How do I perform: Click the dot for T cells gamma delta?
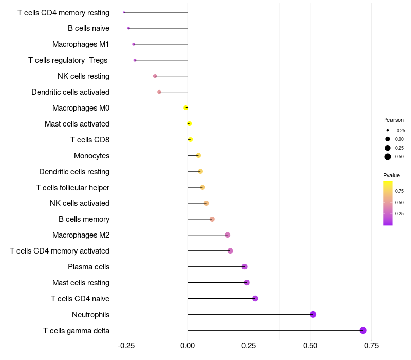pyautogui.click(x=363, y=330)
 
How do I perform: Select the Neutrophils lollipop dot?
pyautogui.click(x=313, y=314)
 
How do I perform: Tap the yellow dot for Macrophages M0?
pyautogui.click(x=186, y=107)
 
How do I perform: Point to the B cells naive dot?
pyautogui.click(x=128, y=28)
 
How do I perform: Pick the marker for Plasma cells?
pyautogui.click(x=245, y=266)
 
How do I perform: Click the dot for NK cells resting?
pyautogui.click(x=155, y=76)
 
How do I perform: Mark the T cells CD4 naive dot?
pyautogui.click(x=255, y=298)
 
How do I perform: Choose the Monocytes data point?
pyautogui.click(x=198, y=155)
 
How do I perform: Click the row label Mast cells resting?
pyautogui.click(x=81, y=283)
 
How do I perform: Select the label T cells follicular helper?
pyautogui.click(x=72, y=187)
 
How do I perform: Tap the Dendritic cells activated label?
pyautogui.click(x=70, y=92)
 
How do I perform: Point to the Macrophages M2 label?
pyautogui.click(x=81, y=235)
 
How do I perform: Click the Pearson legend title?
pyautogui.click(x=394, y=120)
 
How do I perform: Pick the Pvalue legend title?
pyautogui.click(x=391, y=175)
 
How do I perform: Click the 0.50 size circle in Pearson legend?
pyautogui.click(x=388, y=157)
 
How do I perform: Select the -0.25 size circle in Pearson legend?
pyautogui.click(x=388, y=130)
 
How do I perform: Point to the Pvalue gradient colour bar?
pyautogui.click(x=388, y=203)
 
